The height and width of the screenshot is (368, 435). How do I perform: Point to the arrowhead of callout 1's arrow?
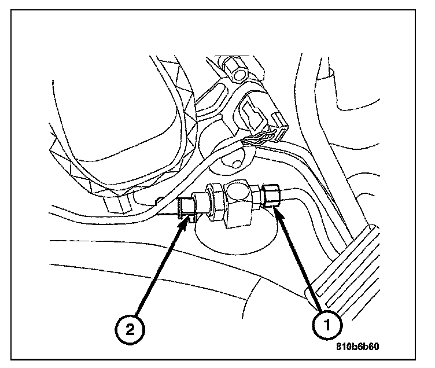pos(277,212)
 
